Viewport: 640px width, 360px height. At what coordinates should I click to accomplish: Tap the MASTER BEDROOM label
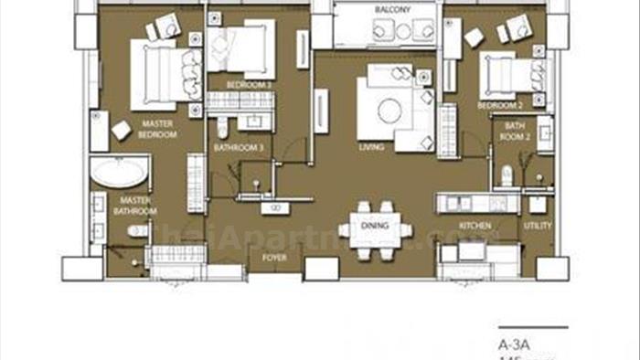158,128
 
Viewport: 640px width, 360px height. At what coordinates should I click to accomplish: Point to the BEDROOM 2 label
497,106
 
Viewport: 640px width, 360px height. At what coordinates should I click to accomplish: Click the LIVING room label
372,146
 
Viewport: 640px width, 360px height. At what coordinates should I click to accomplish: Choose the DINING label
374,225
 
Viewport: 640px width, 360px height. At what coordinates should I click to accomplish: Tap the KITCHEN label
475,225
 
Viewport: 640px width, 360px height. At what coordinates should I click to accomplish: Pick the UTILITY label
537,225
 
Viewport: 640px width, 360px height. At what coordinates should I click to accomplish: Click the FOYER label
275,258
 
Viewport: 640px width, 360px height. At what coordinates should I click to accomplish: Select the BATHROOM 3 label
239,147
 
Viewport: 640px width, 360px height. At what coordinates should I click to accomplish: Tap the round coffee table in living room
389,111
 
